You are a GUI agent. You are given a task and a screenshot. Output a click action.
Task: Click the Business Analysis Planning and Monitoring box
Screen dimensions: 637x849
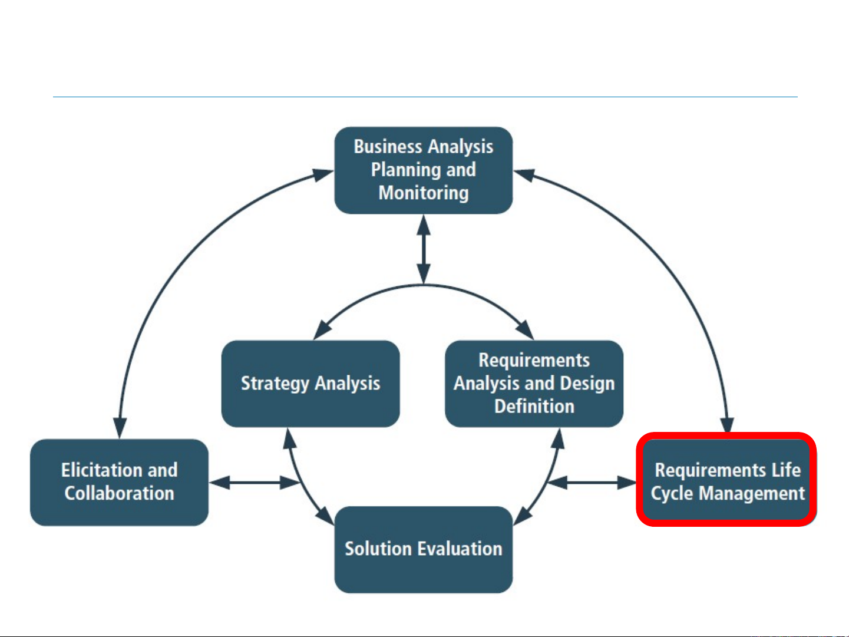coord(423,170)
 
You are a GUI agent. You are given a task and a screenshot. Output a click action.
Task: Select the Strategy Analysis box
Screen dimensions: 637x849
coord(310,384)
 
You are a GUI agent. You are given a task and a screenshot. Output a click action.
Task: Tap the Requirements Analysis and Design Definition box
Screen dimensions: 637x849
coord(534,384)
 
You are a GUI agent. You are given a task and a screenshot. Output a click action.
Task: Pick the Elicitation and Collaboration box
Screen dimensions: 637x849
coord(119,482)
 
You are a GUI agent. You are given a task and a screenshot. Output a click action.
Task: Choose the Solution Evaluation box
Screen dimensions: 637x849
coord(423,549)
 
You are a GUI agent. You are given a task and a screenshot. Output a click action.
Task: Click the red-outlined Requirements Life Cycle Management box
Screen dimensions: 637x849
coord(727,480)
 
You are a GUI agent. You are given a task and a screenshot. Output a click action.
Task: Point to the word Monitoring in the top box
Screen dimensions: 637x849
coord(423,193)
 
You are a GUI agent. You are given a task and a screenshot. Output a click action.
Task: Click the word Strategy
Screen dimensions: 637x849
coord(275,384)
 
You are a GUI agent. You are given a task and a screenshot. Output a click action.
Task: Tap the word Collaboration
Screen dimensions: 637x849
coord(119,493)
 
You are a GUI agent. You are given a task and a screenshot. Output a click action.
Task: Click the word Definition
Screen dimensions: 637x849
coord(534,407)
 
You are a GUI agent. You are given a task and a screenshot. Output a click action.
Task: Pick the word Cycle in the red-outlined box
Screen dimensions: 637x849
coord(672,493)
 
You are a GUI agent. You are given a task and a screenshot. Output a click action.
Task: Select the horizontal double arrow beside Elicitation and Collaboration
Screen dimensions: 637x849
coord(255,483)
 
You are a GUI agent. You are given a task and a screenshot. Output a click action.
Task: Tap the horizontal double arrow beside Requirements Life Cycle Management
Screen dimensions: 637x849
coord(592,483)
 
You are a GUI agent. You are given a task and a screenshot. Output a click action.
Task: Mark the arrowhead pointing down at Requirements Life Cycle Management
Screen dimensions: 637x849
coord(728,425)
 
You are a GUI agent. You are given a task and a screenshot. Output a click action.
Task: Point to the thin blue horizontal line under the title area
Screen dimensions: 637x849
coord(424,97)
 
